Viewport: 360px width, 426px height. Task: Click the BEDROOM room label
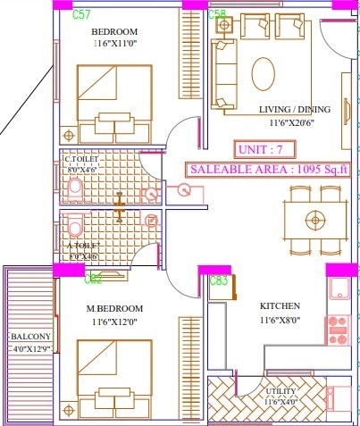pyautogui.click(x=114, y=32)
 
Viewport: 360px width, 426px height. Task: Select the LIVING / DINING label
pyautogui.click(x=294, y=109)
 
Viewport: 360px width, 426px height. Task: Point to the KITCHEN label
pyautogui.click(x=278, y=305)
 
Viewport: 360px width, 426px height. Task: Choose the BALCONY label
pyautogui.click(x=30, y=337)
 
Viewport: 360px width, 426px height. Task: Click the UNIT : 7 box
pyautogui.click(x=264, y=148)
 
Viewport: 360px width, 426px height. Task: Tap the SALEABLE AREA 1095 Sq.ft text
pyautogui.click(x=269, y=168)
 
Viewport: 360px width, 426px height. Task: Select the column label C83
pyautogui.click(x=219, y=280)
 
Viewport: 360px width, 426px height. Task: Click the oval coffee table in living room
pyautogui.click(x=264, y=71)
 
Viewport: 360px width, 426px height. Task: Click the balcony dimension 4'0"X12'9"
pyautogui.click(x=30, y=348)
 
